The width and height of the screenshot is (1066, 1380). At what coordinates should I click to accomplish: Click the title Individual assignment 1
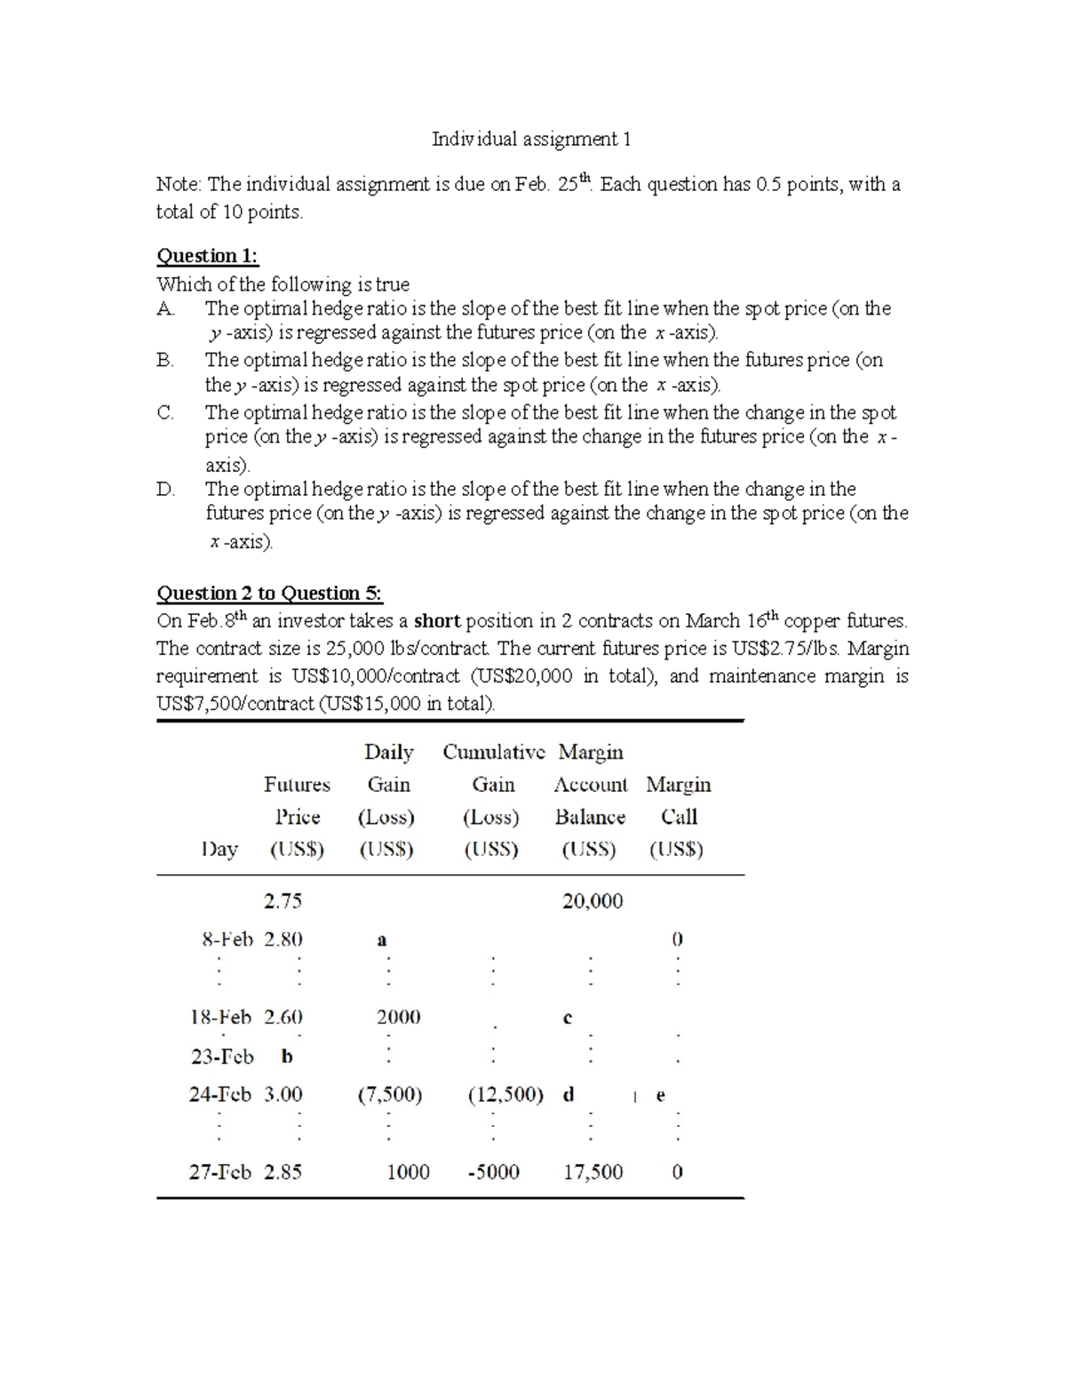coord(531,139)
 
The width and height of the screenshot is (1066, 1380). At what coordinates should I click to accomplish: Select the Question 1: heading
coord(207,256)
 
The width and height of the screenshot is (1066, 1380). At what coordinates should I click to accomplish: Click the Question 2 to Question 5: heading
coord(269,593)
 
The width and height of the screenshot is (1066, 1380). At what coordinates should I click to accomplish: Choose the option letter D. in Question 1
coord(166,489)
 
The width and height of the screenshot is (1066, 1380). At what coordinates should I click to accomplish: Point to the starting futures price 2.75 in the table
coord(282,901)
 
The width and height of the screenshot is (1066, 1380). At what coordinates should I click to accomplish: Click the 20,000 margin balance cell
coord(593,901)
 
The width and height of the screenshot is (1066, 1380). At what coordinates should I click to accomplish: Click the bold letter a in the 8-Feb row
coord(382,940)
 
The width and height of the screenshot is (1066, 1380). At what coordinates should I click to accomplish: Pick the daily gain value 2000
coord(398,1017)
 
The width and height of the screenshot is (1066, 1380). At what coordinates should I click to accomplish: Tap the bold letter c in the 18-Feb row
coord(568,1018)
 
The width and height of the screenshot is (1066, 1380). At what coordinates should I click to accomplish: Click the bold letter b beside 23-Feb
coord(286,1057)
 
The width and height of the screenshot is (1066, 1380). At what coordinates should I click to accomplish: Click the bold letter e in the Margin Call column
coord(660,1096)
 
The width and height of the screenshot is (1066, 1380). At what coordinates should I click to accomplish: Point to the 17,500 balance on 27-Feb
coord(593,1172)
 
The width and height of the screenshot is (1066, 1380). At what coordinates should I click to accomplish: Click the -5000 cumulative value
coord(493,1172)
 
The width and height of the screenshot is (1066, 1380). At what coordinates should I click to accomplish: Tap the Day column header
coord(219,850)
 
